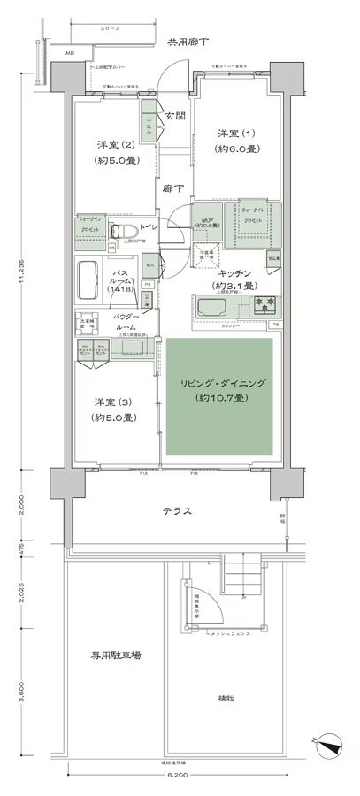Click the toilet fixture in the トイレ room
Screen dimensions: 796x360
119,232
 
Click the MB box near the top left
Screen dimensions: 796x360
69,54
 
